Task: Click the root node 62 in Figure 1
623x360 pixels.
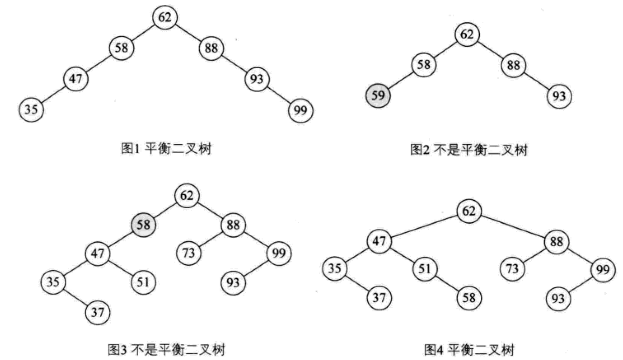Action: pyautogui.click(x=164, y=17)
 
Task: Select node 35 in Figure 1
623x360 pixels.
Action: pyautogui.click(x=31, y=109)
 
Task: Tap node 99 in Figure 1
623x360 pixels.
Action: pyautogui.click(x=301, y=111)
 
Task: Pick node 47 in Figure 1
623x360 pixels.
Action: pyautogui.click(x=76, y=79)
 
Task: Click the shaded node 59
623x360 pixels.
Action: pyautogui.click(x=378, y=95)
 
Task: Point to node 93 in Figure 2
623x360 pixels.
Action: pyautogui.click(x=559, y=96)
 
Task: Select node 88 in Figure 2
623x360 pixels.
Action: pyautogui.click(x=514, y=65)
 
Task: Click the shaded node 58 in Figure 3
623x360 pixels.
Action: pyautogui.click(x=143, y=225)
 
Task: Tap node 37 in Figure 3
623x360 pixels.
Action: pyautogui.click(x=98, y=312)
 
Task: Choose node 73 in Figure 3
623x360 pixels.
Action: pyautogui.click(x=189, y=253)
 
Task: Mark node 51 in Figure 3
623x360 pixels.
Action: pyautogui.click(x=143, y=282)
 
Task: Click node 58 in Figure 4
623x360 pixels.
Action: pyautogui.click(x=469, y=298)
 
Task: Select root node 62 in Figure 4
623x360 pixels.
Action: pyautogui.click(x=469, y=211)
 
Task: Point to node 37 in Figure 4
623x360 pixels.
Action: pyautogui.click(x=379, y=298)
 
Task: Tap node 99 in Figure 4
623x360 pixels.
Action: pyautogui.click(x=603, y=269)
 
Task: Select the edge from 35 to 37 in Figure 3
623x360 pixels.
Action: pyautogui.click(x=75, y=297)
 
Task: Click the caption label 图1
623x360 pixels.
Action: pyautogui.click(x=130, y=149)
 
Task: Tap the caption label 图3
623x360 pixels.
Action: pyautogui.click(x=117, y=350)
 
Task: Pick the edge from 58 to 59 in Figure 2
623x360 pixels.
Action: pyautogui.click(x=401, y=80)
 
